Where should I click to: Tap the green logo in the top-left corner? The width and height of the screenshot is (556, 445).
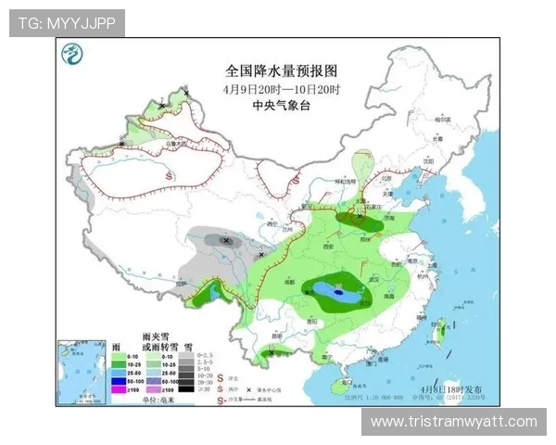click(71, 57)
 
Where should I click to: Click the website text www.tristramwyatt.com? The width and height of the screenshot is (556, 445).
click(453, 422)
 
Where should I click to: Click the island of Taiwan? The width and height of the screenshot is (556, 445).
click(442, 328)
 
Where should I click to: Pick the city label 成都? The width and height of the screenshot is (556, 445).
click(290, 278)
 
